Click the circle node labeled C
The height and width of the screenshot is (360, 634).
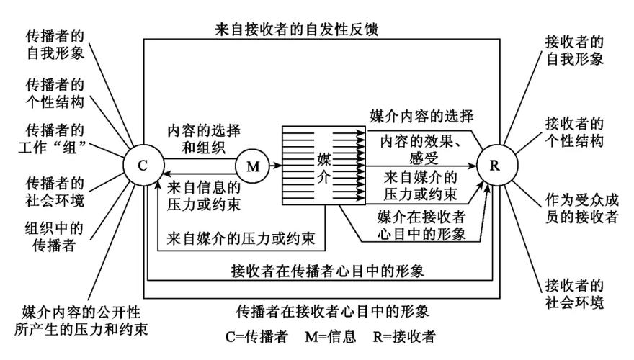143,166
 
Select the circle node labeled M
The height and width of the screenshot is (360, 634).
253,166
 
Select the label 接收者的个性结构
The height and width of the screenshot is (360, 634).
574,132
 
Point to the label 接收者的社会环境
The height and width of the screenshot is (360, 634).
574,292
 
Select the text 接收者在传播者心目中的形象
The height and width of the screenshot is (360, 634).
321,271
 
